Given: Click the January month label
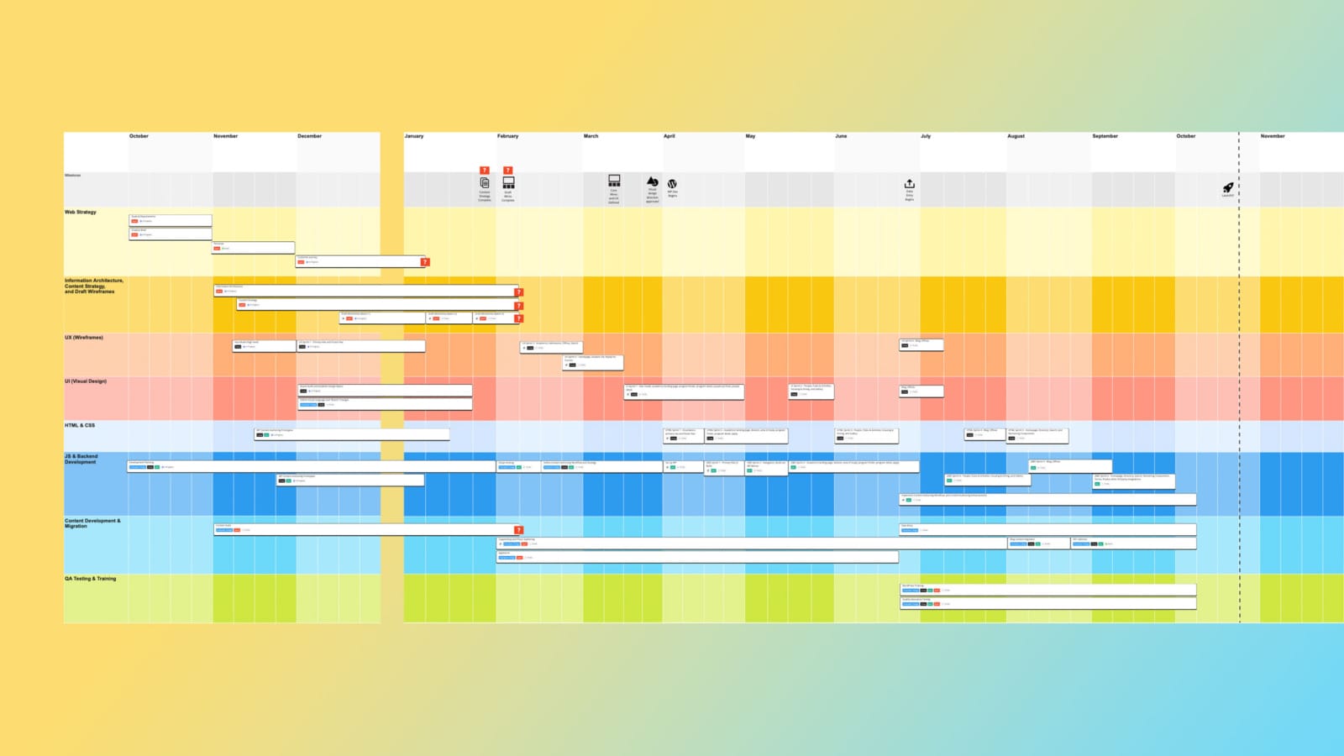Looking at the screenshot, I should pos(414,136).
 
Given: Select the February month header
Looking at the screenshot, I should pos(507,136).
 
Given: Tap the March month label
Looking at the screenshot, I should pos(591,136).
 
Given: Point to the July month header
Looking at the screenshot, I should pos(926,136).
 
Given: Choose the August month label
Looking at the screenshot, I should pos(1016,136).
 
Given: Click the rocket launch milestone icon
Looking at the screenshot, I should pos(1228,187).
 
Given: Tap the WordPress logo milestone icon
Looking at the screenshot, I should pos(672,183).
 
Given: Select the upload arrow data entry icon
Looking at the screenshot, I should pos(909,183).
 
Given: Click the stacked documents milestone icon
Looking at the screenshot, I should pos(485,182).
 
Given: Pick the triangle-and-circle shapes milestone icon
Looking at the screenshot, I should pos(652,181).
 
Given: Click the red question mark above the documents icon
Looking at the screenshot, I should pos(485,171).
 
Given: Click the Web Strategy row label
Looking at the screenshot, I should pos(81,213).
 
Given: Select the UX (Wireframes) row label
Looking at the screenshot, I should pos(84,338).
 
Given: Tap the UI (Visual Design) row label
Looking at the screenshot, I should pos(86,381).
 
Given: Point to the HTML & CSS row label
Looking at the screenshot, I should pos(80,425).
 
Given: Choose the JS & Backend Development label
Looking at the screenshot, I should pos(81,459).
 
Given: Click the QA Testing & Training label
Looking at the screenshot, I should pos(91,579).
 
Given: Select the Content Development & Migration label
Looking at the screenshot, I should pos(92,523).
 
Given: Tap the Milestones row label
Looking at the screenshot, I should pos(73,176).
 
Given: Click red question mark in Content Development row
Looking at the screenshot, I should pos(519,530).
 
